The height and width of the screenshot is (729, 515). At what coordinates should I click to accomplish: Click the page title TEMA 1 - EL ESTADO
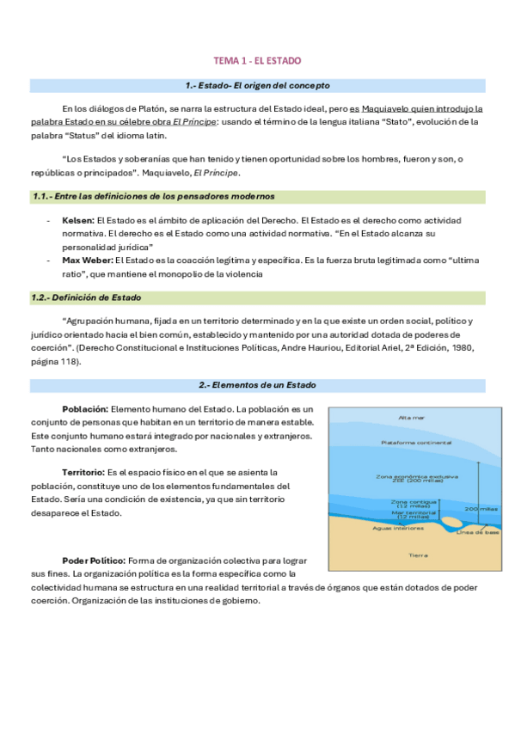(257, 61)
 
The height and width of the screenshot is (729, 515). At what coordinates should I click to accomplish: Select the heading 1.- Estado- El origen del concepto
(257, 85)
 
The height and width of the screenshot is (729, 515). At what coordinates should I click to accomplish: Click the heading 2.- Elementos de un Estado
(257, 385)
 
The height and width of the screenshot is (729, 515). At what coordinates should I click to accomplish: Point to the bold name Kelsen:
(78, 221)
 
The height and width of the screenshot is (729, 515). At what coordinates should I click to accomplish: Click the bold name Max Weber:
(88, 260)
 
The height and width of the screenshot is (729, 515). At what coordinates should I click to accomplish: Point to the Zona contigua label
(409, 503)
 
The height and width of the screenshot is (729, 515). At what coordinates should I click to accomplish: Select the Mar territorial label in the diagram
(409, 514)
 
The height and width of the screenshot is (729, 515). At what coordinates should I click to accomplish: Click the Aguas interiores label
(391, 528)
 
